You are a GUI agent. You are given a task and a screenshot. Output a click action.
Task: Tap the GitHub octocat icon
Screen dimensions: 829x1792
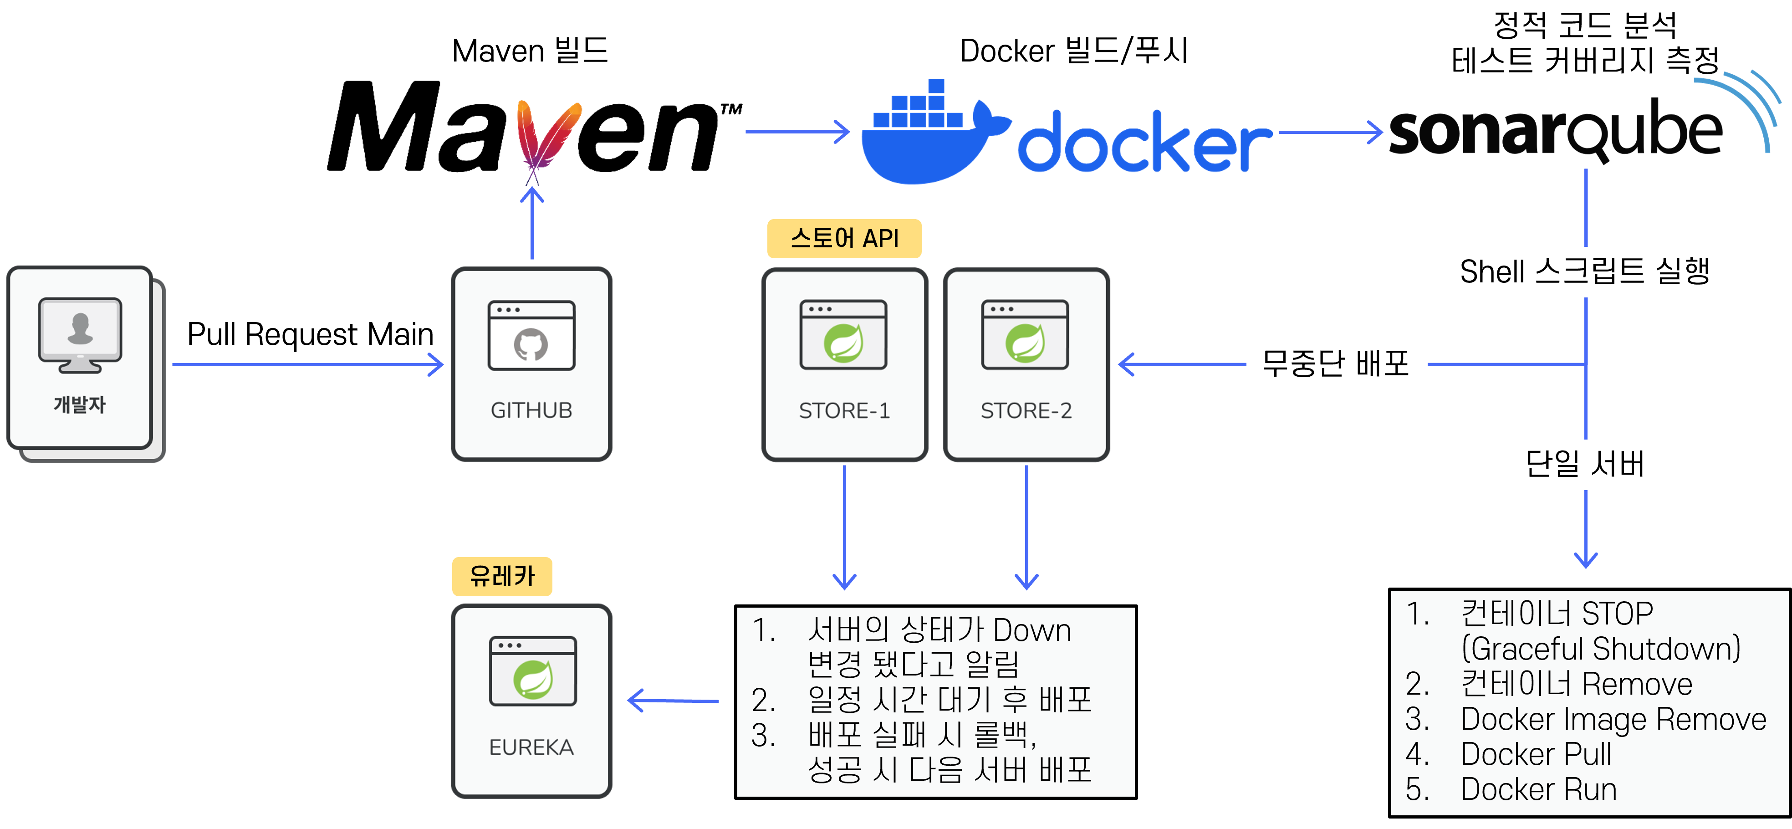[531, 344]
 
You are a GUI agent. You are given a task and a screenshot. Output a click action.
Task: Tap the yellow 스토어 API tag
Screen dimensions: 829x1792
[844, 239]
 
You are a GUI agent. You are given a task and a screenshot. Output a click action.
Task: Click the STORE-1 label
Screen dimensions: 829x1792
[844, 411]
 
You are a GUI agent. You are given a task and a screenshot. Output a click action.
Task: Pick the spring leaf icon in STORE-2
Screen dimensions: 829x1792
[1025, 343]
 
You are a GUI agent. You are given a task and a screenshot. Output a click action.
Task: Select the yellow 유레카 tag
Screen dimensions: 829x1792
[501, 576]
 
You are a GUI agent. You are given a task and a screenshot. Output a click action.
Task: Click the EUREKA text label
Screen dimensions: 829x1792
[531, 747]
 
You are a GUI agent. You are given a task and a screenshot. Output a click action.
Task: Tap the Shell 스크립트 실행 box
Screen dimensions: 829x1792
[1585, 271]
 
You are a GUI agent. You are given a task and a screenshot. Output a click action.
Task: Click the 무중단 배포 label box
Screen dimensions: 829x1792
[1336, 364]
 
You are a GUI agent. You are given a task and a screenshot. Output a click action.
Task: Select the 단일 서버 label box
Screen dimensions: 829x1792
[1585, 464]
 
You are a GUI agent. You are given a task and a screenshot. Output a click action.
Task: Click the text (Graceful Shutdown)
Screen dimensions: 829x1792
[1600, 649]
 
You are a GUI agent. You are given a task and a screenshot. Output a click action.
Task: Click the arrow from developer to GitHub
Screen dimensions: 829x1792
[306, 364]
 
